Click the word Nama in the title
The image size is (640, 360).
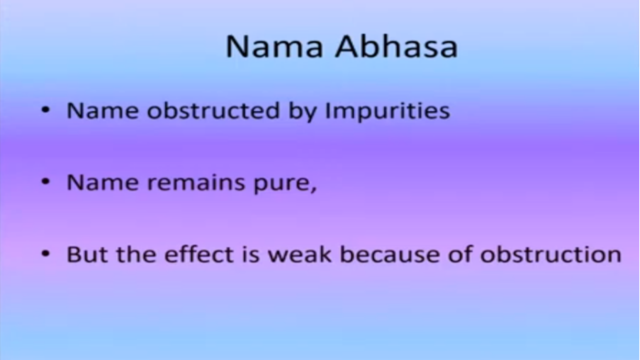274,47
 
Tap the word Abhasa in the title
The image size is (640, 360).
396,46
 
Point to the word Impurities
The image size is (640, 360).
388,111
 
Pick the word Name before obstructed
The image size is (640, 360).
103,111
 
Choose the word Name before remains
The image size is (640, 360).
103,182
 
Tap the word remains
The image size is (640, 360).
196,182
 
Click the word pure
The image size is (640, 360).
285,184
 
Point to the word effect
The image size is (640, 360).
198,254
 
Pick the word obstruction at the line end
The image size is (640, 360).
551,254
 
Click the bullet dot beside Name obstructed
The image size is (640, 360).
45,110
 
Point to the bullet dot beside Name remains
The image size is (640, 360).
45,181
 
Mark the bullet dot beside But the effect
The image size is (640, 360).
45,254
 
